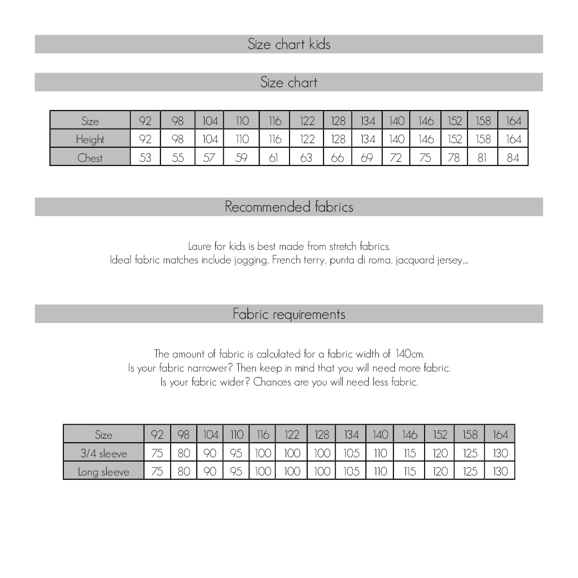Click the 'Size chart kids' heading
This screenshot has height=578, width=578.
coord(289,44)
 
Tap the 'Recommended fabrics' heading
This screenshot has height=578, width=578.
coord(289,206)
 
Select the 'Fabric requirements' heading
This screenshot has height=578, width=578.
coord(289,314)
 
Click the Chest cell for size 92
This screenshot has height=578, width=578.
coord(145,158)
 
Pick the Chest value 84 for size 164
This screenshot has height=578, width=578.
coord(513,158)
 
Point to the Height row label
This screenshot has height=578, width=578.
coord(90,139)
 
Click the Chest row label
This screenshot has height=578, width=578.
coord(90,158)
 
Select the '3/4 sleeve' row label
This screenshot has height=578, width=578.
coord(103,453)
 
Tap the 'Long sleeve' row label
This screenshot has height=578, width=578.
coord(103,472)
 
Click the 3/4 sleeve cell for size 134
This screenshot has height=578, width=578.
coord(351,453)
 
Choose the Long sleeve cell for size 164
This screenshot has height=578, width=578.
coord(500,471)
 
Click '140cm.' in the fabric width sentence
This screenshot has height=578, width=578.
coord(410,354)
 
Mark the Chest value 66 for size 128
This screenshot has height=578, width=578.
coord(337,158)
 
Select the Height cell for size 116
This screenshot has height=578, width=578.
coord(275,139)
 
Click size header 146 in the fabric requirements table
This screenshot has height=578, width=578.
coord(409,434)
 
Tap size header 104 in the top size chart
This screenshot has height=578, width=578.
coord(210,121)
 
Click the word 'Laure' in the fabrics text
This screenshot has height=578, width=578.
coord(200,246)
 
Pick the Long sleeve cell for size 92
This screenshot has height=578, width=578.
coord(157,471)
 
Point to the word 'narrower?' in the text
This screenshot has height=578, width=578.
coord(210,368)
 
